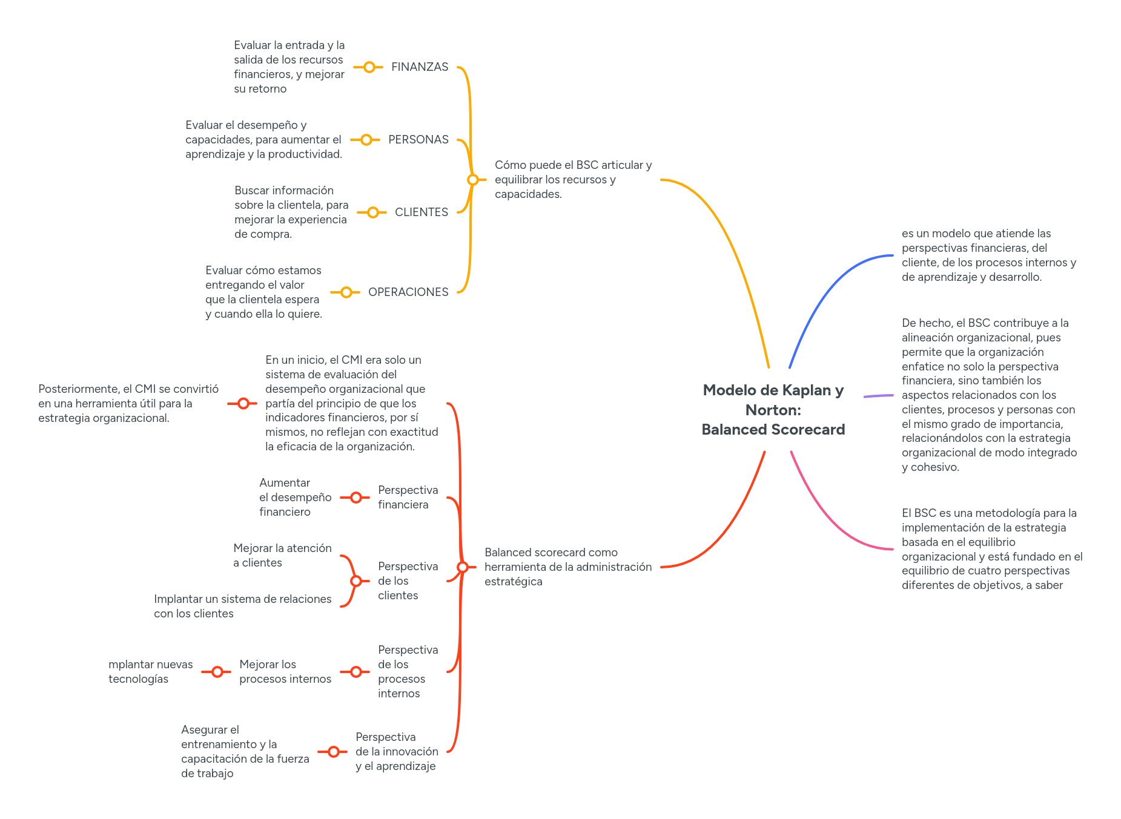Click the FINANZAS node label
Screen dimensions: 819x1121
tap(419, 67)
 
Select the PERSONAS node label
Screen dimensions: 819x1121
tap(418, 140)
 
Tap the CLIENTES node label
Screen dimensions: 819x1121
tap(421, 212)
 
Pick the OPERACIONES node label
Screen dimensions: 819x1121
tap(408, 292)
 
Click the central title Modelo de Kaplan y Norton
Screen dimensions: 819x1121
tap(773, 410)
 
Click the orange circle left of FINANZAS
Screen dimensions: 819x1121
tap(369, 67)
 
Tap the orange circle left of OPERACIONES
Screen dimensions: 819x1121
tap(346, 292)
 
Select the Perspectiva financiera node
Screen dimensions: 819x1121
tap(408, 498)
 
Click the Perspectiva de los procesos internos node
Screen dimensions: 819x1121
tap(408, 672)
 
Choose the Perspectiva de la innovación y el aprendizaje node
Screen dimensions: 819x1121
tap(397, 752)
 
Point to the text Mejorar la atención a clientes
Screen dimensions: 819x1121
tap(282, 556)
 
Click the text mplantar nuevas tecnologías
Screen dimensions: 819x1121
tap(150, 672)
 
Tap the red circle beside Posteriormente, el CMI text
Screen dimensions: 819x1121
tap(243, 403)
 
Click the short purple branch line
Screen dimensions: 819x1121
tap(878, 396)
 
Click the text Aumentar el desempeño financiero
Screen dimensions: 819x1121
tap(295, 498)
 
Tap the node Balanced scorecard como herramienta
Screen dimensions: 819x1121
tap(567, 567)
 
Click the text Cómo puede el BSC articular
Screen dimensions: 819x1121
tap(572, 180)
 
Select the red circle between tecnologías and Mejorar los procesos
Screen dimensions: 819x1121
tap(217, 672)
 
